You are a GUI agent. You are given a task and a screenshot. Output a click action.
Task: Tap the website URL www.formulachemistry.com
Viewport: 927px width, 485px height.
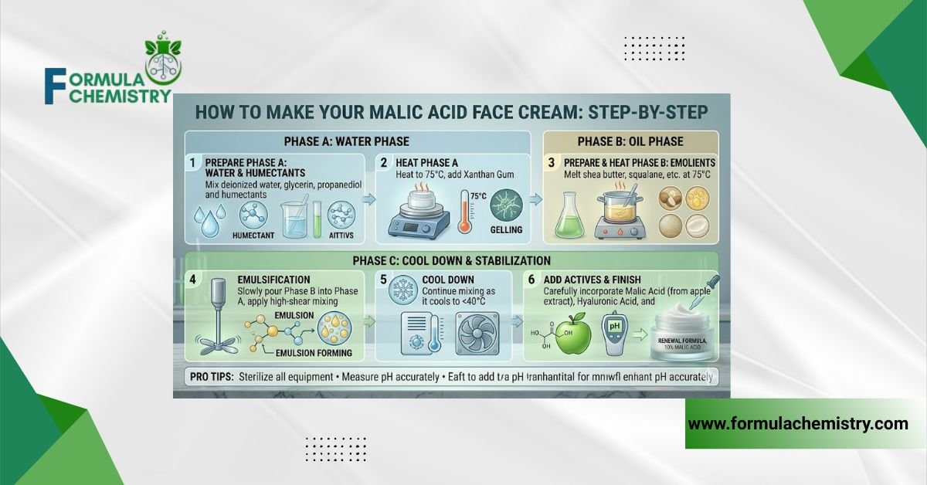pyautogui.click(x=798, y=423)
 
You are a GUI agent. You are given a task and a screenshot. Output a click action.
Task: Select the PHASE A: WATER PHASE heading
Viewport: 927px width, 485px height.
pyautogui.click(x=356, y=141)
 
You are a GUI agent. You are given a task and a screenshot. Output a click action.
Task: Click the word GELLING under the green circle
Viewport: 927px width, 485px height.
pyautogui.click(x=506, y=229)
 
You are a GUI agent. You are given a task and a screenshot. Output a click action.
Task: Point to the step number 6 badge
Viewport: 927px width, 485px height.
pyautogui.click(x=534, y=279)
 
